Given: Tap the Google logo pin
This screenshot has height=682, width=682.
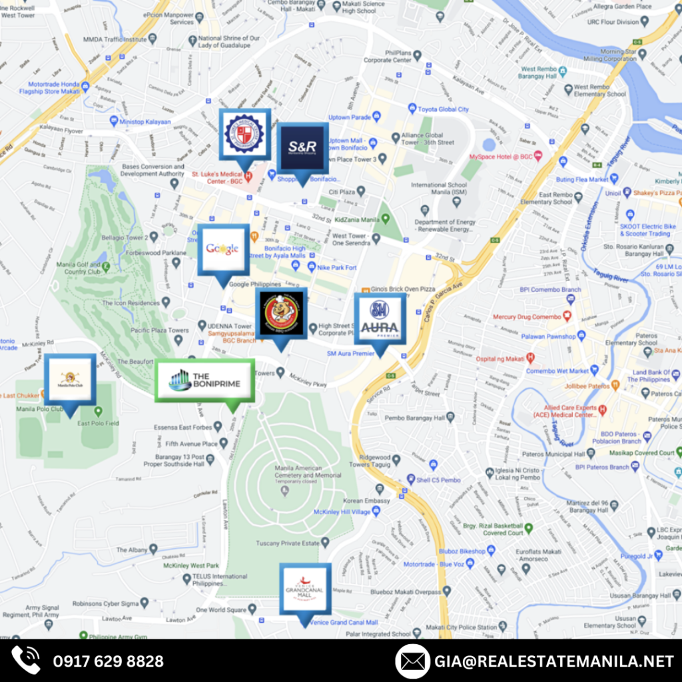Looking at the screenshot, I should (223, 249).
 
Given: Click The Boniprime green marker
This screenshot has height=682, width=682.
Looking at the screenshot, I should (204, 381).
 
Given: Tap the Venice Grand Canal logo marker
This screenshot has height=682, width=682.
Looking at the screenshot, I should (305, 589).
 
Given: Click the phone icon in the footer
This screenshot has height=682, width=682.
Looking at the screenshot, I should (26, 661).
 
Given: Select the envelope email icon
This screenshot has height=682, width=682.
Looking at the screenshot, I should (412, 661).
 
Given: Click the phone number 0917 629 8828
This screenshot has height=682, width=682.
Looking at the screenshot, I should (108, 661).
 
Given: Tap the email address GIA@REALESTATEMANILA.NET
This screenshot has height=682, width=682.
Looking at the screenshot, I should (555, 661).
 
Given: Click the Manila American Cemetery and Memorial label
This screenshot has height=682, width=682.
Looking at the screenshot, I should (308, 472).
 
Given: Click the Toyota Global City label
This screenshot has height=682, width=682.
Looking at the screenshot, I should (442, 109).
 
